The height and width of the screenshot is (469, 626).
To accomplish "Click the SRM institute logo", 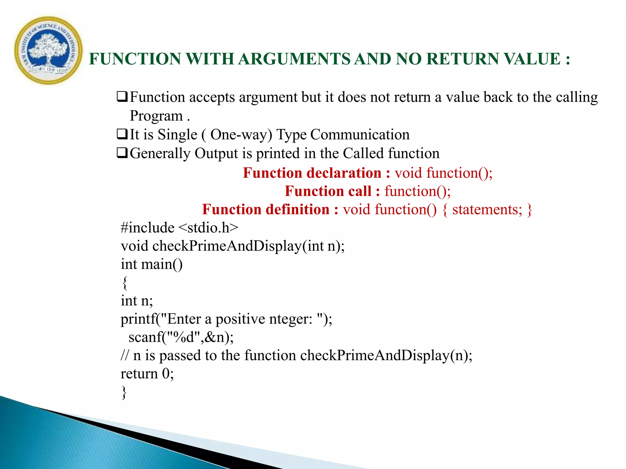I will pos(48,50).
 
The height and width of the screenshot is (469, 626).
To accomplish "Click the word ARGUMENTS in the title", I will pos(294,59).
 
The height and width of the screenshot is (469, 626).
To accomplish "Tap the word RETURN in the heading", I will pos(462,59).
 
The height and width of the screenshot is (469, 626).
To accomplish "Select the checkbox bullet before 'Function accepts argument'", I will pos(122,97).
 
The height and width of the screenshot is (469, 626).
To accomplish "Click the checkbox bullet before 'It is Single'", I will pos(122,134).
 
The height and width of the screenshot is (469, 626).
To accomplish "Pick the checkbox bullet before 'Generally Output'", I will pos(122,153).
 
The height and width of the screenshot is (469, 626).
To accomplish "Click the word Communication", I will pos(360,135).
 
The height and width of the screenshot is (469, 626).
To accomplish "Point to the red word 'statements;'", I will pos(487,210).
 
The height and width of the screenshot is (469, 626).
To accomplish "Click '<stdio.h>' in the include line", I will pos(208,228).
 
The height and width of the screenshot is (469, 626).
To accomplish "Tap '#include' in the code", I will pos(148,228).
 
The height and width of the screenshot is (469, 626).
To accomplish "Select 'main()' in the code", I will pos(162,264).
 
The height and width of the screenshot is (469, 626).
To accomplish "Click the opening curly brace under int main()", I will pos(124,283).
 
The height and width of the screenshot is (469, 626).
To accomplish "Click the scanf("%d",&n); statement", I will pos(181,337).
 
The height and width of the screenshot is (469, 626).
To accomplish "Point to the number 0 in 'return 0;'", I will pos(166,374).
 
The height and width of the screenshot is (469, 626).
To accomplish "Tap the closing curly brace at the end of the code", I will pos(124,392).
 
